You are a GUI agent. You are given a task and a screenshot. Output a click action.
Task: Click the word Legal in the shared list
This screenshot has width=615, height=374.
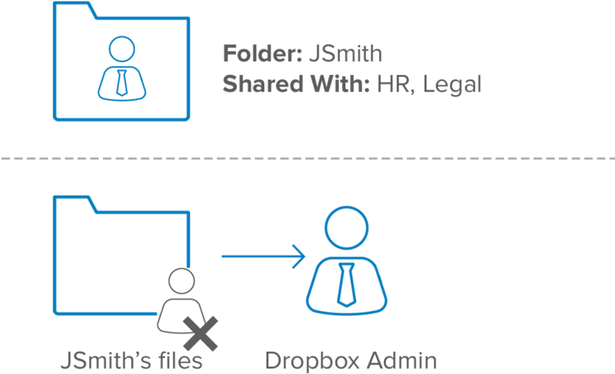(x=451, y=84)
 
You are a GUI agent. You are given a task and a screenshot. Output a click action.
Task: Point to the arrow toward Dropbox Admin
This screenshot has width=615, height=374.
(x=263, y=255)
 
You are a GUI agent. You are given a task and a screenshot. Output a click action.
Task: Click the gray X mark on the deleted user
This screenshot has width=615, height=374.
(x=201, y=335)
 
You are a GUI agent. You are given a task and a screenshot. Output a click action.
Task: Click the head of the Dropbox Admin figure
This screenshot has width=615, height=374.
(x=345, y=229)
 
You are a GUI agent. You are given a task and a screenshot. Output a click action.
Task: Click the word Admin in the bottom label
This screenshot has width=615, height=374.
(x=403, y=361)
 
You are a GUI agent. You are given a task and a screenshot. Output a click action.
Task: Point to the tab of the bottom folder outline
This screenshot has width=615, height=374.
(x=75, y=203)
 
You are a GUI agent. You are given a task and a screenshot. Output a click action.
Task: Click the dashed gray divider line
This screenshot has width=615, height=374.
(x=307, y=158)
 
